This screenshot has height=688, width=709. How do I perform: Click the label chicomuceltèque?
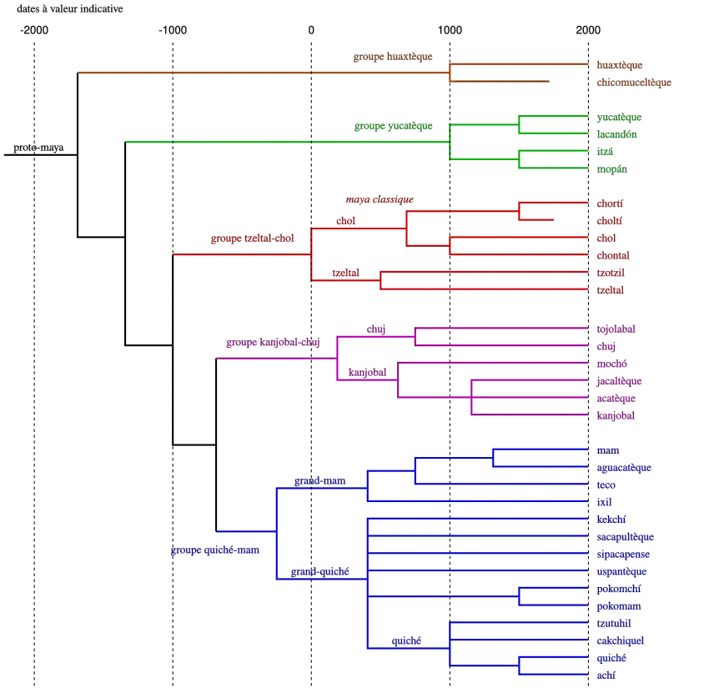[634, 83]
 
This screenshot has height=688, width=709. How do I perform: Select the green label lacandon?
[617, 134]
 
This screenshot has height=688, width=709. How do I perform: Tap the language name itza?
[605, 152]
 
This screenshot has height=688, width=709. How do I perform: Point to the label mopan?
[611, 169]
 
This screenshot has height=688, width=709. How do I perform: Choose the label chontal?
[614, 255]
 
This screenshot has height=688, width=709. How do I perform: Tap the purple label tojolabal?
[616, 329]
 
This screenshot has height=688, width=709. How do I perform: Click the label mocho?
[611, 364]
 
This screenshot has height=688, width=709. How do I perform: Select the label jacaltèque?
[619, 381]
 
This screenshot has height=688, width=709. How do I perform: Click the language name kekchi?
[611, 520]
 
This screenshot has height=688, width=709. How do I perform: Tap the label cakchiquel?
[620, 641]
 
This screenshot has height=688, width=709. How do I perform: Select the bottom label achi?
[606, 675]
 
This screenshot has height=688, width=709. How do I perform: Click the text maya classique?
[379, 199]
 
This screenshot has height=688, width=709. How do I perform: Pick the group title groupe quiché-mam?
[214, 550]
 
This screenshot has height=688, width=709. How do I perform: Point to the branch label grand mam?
[319, 481]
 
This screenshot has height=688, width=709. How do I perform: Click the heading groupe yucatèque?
[393, 126]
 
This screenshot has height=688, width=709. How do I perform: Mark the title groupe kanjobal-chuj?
[272, 342]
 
